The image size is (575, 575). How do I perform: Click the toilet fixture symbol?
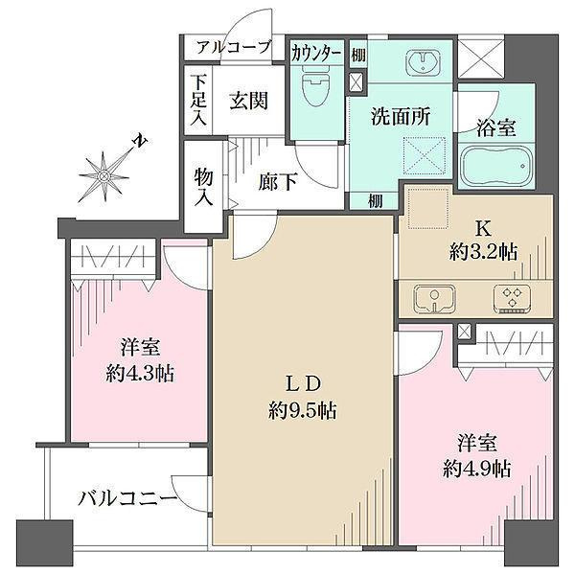[315, 86]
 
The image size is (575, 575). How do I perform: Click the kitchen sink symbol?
[434, 298]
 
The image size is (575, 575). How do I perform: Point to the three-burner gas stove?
[512, 299]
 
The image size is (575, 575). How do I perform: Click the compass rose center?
[104, 177]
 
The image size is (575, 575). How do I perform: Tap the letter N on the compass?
[141, 141]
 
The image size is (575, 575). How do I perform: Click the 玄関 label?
[249, 100]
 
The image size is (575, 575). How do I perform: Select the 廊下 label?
[278, 182]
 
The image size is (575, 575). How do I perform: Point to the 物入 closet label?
[203, 188]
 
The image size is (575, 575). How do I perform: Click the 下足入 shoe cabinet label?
[198, 100]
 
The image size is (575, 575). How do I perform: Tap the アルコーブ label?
[234, 47]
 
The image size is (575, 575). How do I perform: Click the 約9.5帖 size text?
[303, 410]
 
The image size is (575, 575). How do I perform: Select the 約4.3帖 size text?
[140, 374]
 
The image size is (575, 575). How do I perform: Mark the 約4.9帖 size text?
[476, 469]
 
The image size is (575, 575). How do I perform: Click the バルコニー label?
[128, 498]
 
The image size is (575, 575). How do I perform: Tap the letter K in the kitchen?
[483, 230]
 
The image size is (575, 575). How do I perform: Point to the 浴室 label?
[496, 128]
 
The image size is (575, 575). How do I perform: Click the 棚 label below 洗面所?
[376, 201]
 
